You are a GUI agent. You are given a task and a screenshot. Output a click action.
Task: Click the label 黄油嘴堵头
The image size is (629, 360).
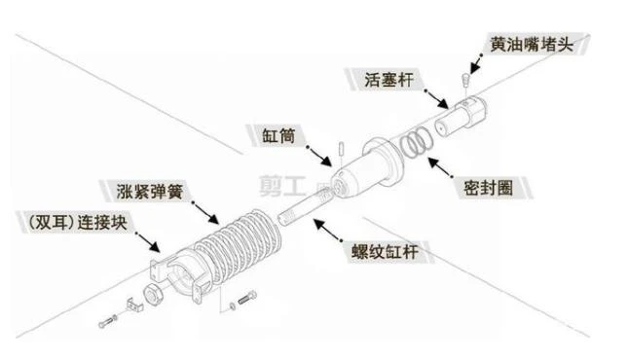tap(532, 44)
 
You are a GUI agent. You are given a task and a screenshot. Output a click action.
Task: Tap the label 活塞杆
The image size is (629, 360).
tap(388, 80)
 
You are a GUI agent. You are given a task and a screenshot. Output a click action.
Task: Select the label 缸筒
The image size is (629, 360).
tap(278, 136)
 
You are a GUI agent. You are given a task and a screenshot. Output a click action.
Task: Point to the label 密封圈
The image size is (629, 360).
tap(488, 188)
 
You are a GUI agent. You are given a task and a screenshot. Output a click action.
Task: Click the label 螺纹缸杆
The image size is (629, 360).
tap(386, 251)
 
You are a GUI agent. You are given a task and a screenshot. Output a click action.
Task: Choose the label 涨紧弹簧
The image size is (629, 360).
tap(150, 192)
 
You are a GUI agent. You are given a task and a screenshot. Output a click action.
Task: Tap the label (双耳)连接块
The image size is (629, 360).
tap(78, 222)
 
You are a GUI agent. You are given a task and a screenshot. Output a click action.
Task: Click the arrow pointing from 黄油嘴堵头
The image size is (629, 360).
tap(476, 64)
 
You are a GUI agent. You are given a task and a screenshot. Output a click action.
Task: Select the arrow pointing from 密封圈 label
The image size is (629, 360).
tap(440, 167)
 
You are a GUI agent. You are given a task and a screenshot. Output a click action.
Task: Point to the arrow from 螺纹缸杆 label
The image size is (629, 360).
tap(327, 230)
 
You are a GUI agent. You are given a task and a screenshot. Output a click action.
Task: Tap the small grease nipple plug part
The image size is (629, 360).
tap(465, 79)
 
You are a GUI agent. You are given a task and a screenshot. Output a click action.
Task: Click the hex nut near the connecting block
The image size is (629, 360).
tap(153, 296)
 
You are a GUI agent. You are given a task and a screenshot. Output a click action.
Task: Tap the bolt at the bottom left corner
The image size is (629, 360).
tap(107, 321)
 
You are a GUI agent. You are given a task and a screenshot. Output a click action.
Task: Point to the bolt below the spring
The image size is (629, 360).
tap(247, 298)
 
